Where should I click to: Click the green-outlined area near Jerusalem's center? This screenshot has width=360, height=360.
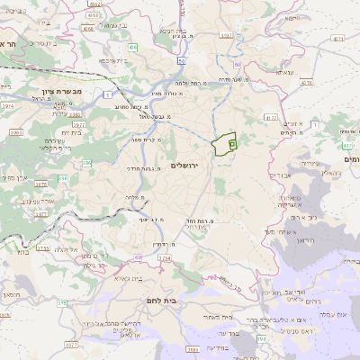point(222,144)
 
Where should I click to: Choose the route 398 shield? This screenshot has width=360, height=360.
point(260,338)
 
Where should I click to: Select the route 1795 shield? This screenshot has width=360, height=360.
point(42,247)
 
